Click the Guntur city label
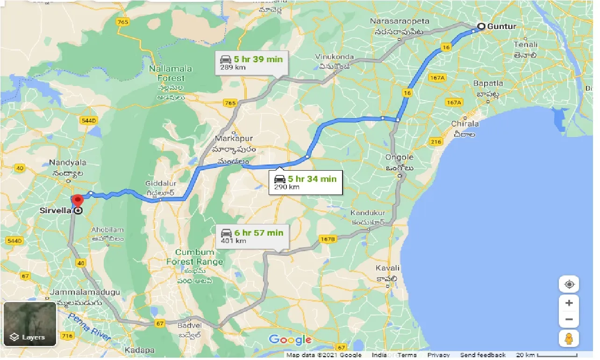coord(501,26)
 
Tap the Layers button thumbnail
coord(30,324)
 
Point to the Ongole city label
coord(399,157)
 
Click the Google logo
coord(290,340)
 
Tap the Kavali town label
coord(387,268)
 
